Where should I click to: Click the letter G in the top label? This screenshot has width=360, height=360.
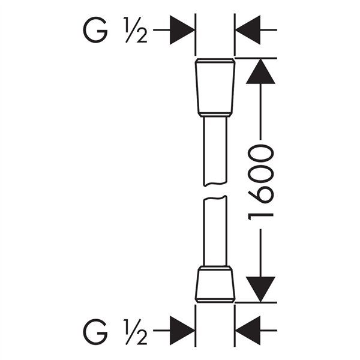[95, 29]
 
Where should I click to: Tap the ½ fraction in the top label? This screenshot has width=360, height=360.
[136, 29]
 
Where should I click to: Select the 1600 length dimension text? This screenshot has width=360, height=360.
[260, 180]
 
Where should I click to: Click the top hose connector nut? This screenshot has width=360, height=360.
[215, 84]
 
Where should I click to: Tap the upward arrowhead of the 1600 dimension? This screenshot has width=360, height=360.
[260, 72]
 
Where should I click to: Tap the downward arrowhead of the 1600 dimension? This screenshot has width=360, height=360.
[260, 289]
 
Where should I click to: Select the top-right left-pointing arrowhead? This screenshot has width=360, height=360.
[247, 29]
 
